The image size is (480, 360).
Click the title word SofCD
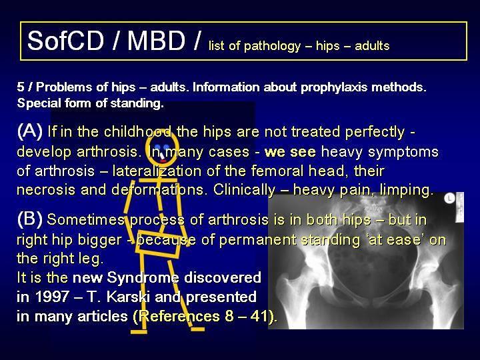click(65, 41)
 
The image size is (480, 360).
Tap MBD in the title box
click(157, 41)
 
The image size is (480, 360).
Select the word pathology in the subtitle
click(273, 46)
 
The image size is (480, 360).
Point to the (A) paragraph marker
click(30, 131)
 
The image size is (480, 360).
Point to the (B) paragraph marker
click(30, 219)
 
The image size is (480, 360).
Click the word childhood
click(137, 132)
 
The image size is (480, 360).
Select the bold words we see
click(290, 152)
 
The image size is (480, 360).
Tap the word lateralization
click(157, 171)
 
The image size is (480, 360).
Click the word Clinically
click(244, 191)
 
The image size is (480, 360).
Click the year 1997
click(52, 297)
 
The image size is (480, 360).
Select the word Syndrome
click(143, 278)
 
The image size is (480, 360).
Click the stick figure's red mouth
click(163, 161)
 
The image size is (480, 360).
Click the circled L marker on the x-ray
click(449, 199)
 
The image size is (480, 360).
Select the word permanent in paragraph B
click(257, 240)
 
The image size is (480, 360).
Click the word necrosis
click(46, 191)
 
